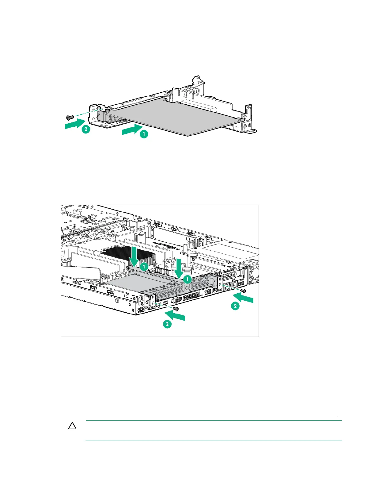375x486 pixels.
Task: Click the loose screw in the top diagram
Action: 69,117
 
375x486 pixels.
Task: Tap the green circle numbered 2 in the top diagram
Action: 86,129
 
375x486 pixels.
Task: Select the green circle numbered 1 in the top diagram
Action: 144,134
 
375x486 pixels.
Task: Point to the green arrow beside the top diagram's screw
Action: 75,124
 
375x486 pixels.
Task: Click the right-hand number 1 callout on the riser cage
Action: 187,280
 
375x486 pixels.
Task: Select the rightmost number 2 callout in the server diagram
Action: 235,306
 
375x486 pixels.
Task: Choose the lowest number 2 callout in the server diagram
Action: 167,324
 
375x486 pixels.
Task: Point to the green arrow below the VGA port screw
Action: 175,315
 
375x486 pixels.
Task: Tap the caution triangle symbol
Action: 72,426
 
